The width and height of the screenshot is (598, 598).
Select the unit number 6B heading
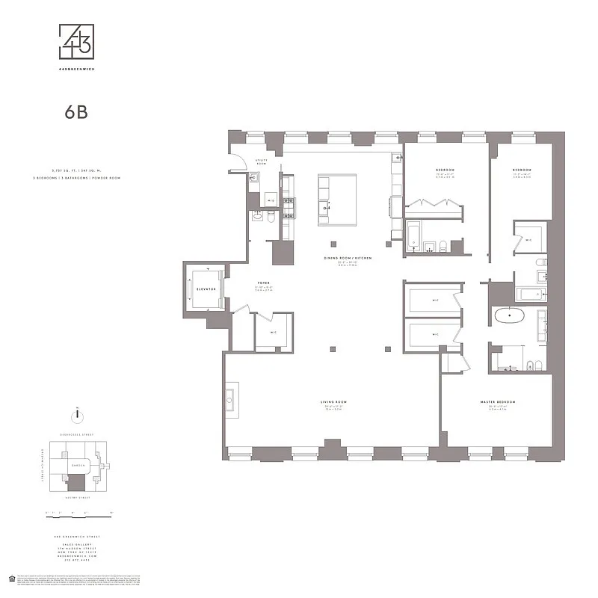(78, 114)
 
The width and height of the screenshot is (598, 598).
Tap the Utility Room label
(262, 161)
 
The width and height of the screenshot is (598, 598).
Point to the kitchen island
(333, 200)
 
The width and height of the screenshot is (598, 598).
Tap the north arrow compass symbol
(75, 415)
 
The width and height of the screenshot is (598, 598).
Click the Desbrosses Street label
(76, 434)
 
